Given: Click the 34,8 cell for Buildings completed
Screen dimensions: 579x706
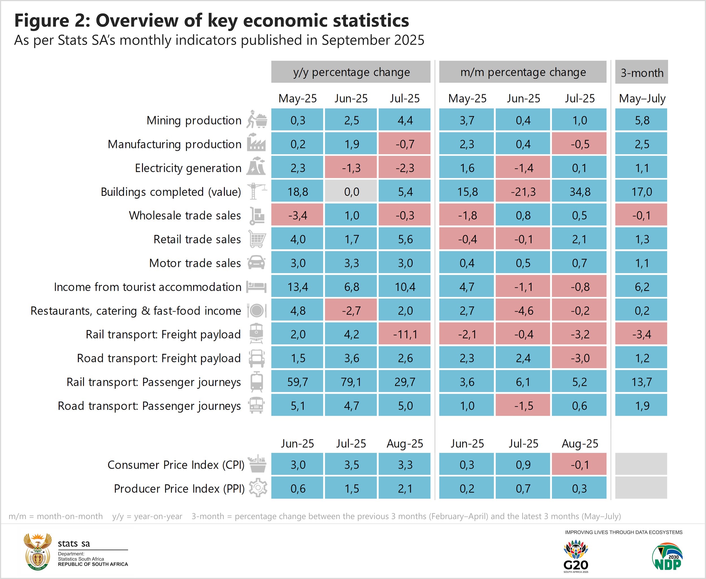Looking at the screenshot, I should [x=579, y=191].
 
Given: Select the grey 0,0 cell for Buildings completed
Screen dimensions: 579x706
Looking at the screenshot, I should [x=351, y=191].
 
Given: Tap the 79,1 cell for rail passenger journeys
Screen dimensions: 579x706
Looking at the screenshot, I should [x=351, y=382].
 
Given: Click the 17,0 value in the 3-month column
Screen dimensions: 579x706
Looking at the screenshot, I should [x=641, y=191].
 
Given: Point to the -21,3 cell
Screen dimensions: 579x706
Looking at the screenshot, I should [x=523, y=191].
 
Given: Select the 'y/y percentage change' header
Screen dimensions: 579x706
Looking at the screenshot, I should [x=351, y=72].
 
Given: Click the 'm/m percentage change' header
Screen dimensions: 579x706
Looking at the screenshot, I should [x=523, y=72].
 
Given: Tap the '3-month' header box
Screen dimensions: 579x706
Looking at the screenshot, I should [x=642, y=72].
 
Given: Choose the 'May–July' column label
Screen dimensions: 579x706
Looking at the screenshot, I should [x=642, y=98].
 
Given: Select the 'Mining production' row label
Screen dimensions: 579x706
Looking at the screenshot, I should [x=194, y=120].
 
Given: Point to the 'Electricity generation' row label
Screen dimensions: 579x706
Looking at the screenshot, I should [x=188, y=168].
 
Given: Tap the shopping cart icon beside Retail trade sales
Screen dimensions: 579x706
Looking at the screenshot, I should [x=257, y=239].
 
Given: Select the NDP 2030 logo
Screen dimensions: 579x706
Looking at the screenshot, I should [x=667, y=557].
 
